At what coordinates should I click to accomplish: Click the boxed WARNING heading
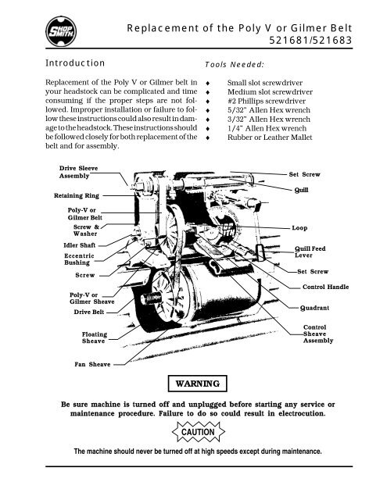click(193, 384)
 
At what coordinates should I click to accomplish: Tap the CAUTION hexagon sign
click(193, 430)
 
